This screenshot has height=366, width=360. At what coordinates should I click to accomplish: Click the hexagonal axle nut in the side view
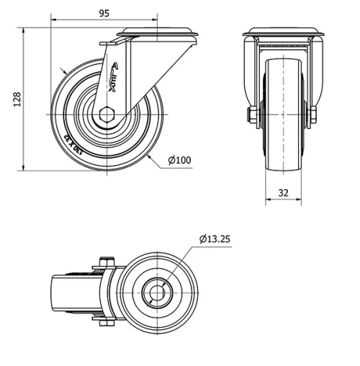(x=107, y=113)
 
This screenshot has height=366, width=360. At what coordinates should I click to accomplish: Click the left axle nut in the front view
(x=252, y=114)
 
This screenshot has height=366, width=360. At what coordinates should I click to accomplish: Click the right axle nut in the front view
(x=312, y=114)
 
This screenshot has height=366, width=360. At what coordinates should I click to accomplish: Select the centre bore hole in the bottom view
(x=156, y=290)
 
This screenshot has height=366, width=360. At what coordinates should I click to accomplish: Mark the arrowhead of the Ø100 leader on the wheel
(x=149, y=154)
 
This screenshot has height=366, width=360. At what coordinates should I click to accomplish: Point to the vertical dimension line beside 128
(x=24, y=99)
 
